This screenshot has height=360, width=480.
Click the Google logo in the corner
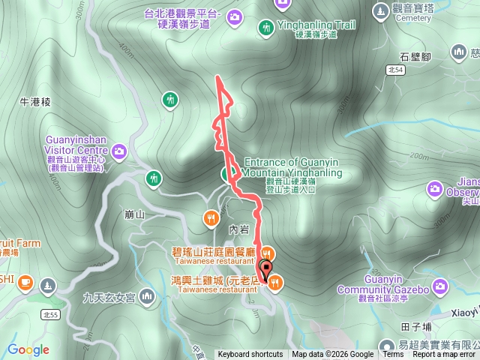28,349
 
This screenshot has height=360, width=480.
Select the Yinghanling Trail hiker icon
265,28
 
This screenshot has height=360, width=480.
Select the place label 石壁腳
414,55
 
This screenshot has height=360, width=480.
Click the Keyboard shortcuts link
250,355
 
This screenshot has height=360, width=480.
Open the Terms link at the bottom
392,355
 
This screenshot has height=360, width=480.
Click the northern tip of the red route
218,77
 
